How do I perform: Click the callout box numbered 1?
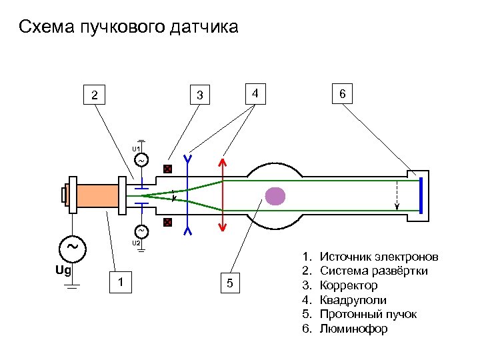119,283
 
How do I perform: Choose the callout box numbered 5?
229,284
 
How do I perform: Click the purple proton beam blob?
275,195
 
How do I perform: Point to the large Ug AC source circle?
72,246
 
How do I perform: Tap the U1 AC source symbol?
141,160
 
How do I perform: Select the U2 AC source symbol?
141,231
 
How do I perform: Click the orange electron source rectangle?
97,195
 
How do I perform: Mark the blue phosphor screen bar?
421,195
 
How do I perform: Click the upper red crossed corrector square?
168,169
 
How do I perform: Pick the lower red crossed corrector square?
168,222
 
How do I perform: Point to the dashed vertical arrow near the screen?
398,195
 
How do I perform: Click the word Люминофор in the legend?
353,329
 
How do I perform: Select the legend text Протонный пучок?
368,314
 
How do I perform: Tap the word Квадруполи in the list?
353,300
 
